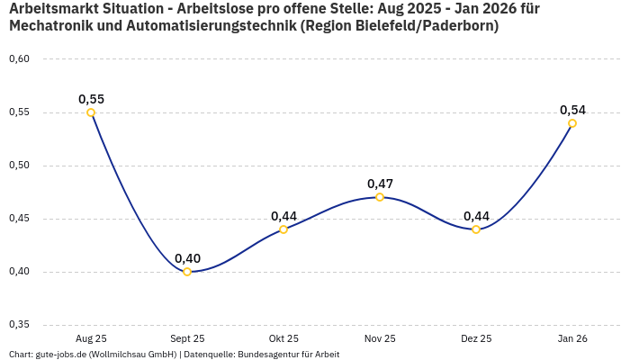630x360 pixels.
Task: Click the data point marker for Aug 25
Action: click(91, 112)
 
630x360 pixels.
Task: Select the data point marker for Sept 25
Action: click(187, 272)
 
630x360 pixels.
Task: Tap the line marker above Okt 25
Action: click(283, 229)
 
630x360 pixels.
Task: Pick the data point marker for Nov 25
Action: click(380, 197)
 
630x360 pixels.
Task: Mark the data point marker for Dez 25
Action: click(476, 229)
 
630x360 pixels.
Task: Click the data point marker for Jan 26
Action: click(572, 123)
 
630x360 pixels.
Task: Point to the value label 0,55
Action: click(91, 99)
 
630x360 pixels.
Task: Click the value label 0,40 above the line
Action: click(187, 258)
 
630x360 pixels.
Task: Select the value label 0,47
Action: click(380, 184)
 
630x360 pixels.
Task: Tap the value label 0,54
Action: click(572, 110)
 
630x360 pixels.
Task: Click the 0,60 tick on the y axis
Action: click(19, 59)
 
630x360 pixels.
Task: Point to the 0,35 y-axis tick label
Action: click(19, 325)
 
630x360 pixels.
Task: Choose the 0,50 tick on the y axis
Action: click(19, 166)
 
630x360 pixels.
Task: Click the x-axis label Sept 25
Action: click(187, 338)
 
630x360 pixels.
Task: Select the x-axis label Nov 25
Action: click(380, 338)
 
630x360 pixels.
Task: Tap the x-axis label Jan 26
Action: click(572, 338)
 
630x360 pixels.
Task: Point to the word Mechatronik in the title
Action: click(50, 26)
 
